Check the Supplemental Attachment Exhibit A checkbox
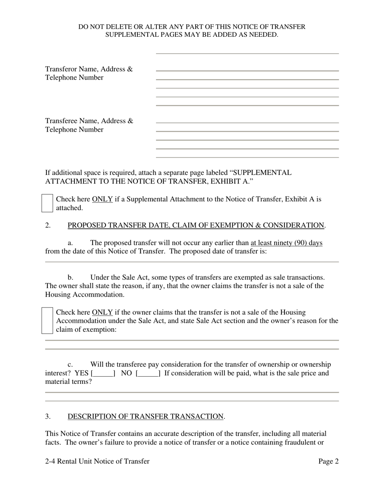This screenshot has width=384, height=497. point(47,203)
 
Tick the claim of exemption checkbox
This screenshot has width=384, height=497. point(47,321)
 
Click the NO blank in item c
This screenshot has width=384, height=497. point(148,373)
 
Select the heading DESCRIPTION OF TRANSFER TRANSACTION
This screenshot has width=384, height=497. point(145,416)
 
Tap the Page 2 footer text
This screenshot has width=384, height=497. point(328,461)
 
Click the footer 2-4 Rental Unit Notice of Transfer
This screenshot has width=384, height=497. point(97,461)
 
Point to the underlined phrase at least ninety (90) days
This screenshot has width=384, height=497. point(286,243)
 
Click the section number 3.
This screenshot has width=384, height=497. point(48,416)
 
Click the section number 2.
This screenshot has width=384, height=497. point(48,225)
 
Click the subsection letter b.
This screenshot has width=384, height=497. point(70,277)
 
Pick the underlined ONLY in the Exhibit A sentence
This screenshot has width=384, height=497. point(102,199)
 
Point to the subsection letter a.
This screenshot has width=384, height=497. point(70,243)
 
